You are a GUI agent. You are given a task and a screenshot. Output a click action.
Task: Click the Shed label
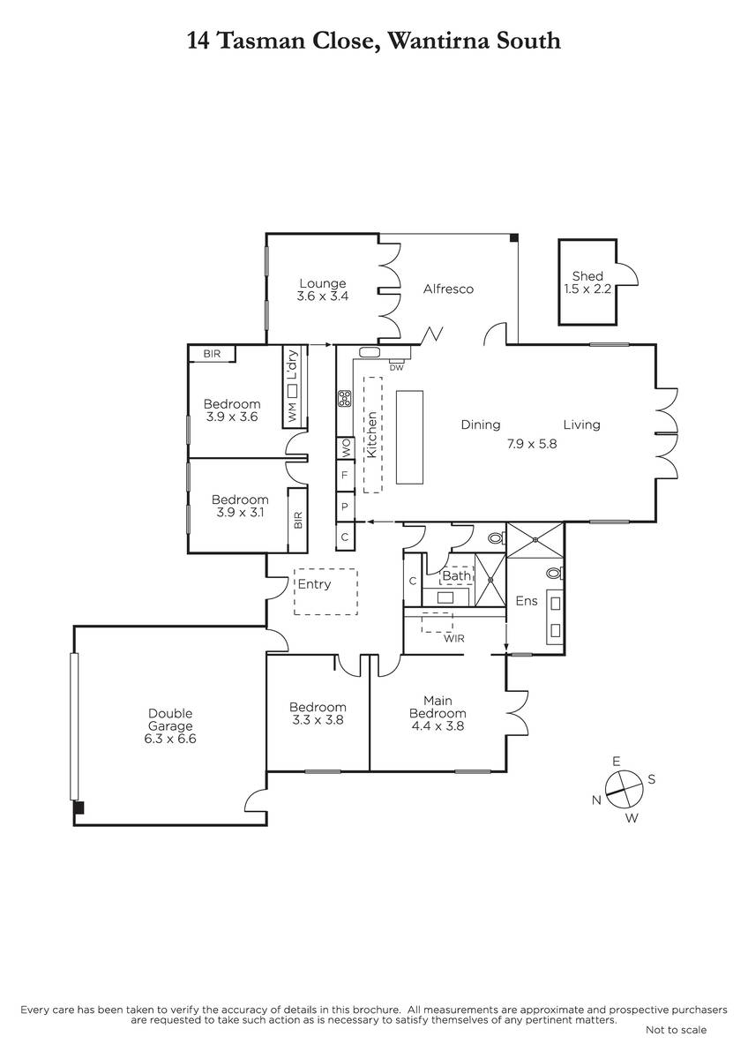[x=587, y=276]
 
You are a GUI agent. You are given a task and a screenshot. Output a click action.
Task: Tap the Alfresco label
[x=448, y=289]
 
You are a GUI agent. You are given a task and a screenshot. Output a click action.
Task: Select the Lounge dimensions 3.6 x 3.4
[x=323, y=297]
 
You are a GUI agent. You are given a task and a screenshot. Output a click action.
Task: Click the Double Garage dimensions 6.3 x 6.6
[x=170, y=739]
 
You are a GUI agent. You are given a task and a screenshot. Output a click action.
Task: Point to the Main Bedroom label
[x=438, y=707]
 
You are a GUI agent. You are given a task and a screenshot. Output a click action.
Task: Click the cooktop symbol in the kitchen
[x=345, y=398]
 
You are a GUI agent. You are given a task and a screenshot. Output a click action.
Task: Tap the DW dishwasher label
[x=396, y=367]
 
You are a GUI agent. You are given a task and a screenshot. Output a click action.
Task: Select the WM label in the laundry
[x=292, y=412]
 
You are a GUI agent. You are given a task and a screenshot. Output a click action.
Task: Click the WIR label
[x=453, y=639]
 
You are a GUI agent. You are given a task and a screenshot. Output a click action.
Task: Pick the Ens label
[x=527, y=601]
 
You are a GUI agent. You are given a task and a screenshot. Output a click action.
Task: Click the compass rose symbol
[x=625, y=789]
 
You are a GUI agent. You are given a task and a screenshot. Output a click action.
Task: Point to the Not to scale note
[x=677, y=1029]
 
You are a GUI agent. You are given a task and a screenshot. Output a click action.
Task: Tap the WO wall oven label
[x=346, y=447]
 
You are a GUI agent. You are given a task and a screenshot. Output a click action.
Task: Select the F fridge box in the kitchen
[x=345, y=475]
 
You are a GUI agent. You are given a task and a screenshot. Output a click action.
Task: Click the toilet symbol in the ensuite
[x=555, y=574]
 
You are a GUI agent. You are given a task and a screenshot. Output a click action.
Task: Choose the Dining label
[x=481, y=424]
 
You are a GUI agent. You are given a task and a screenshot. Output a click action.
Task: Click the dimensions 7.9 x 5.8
[x=532, y=444]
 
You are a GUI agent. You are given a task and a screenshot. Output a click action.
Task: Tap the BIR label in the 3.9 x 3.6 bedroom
[x=212, y=354]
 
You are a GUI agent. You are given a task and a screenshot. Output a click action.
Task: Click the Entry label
[x=314, y=584]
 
